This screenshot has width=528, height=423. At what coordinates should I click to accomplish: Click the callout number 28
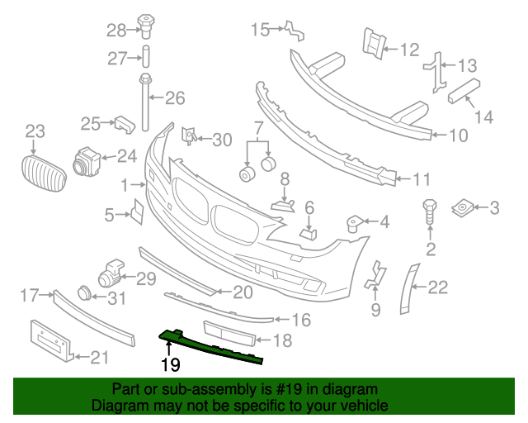coord(115,31)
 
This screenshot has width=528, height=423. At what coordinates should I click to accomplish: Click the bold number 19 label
coord(171,364)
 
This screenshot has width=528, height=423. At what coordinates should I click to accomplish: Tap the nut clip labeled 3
coord(463,209)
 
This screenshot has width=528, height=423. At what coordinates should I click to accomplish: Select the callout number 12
coord(409,50)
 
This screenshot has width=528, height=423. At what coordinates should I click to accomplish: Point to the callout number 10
coord(458,135)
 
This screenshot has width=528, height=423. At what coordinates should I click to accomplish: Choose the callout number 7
coord(257,128)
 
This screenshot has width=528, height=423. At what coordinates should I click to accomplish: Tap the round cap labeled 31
coord(83,292)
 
